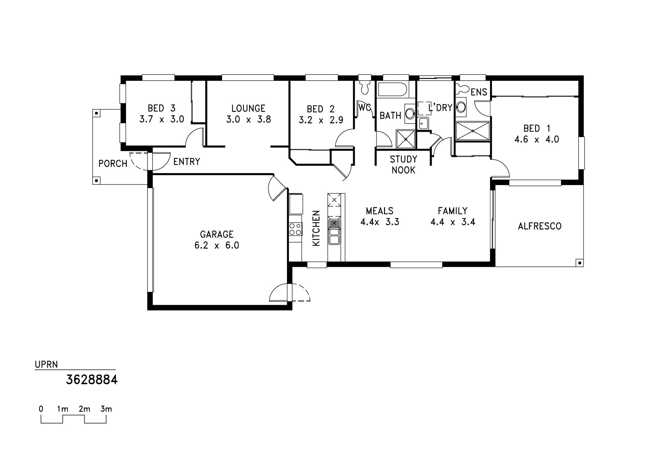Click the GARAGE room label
(x=217, y=234)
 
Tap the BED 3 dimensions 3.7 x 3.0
(x=162, y=119)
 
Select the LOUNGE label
(x=248, y=108)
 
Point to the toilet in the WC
(x=364, y=87)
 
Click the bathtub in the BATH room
(x=392, y=90)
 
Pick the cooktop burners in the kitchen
(x=295, y=229)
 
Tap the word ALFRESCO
(x=540, y=226)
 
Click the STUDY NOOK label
(x=403, y=164)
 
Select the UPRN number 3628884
(x=92, y=380)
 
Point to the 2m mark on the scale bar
(x=84, y=409)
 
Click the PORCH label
(x=113, y=164)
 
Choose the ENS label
(x=479, y=92)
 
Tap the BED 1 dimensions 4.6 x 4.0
(x=537, y=139)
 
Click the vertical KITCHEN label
(x=316, y=228)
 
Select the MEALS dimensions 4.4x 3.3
(x=380, y=222)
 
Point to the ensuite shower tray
(x=473, y=131)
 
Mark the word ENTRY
(x=186, y=162)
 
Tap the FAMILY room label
(x=453, y=211)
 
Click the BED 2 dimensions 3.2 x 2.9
(x=321, y=120)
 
